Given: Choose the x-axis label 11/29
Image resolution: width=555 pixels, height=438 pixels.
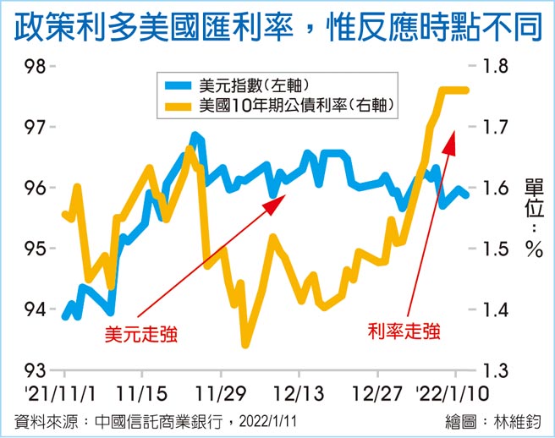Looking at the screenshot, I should [222, 394].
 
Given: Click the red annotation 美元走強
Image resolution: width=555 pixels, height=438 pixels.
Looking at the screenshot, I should [141, 334].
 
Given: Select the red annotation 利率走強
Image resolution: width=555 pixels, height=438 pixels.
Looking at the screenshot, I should [404, 331].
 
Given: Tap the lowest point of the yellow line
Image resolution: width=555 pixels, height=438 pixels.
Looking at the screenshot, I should [245, 344].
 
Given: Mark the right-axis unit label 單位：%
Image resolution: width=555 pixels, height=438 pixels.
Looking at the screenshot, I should [532, 215].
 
